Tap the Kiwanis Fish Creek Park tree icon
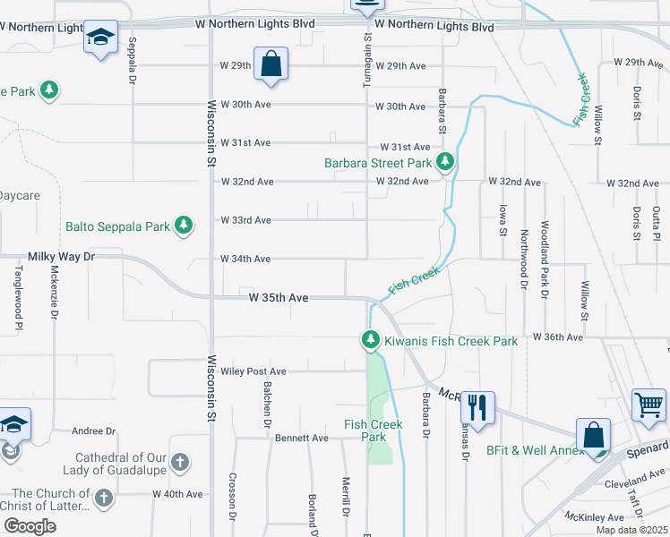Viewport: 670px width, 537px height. tap(370, 340)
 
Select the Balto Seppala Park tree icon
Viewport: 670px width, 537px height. tap(184, 226)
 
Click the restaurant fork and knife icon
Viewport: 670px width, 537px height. tap(477, 407)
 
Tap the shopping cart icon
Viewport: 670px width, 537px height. tap(649, 403)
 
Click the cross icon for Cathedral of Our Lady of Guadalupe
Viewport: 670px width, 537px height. tap(179, 463)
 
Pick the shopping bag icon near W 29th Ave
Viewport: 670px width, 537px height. tap(271, 64)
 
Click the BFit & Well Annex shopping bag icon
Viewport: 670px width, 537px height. tap(593, 436)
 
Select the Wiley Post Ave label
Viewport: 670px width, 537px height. tap(253, 371)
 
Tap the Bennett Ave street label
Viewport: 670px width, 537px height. tap(302, 439)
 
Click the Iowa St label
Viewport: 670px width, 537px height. tap(502, 219)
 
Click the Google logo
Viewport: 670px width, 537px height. tap(30, 526)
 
